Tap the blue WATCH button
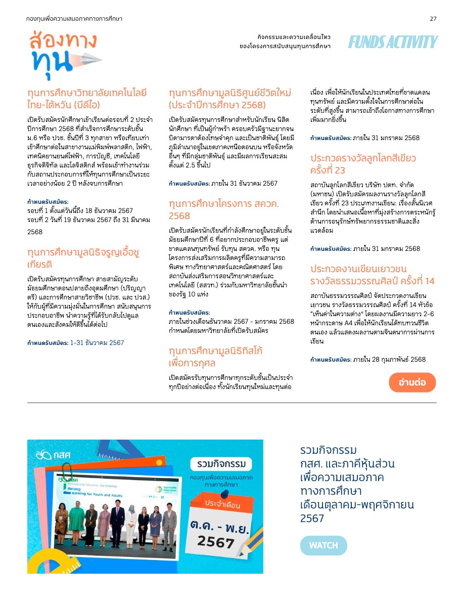323,545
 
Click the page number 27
433,19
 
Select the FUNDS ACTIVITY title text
393,42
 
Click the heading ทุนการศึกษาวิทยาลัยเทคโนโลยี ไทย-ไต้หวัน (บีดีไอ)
87,99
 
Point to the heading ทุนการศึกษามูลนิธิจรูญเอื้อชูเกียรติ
83,258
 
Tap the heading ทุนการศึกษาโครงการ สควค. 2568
223,209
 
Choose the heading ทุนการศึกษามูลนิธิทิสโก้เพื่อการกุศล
216,357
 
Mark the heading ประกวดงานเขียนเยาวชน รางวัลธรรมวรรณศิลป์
373,275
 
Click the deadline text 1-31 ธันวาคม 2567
97,342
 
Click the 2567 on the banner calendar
216,541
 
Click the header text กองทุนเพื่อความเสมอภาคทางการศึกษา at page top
74,19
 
